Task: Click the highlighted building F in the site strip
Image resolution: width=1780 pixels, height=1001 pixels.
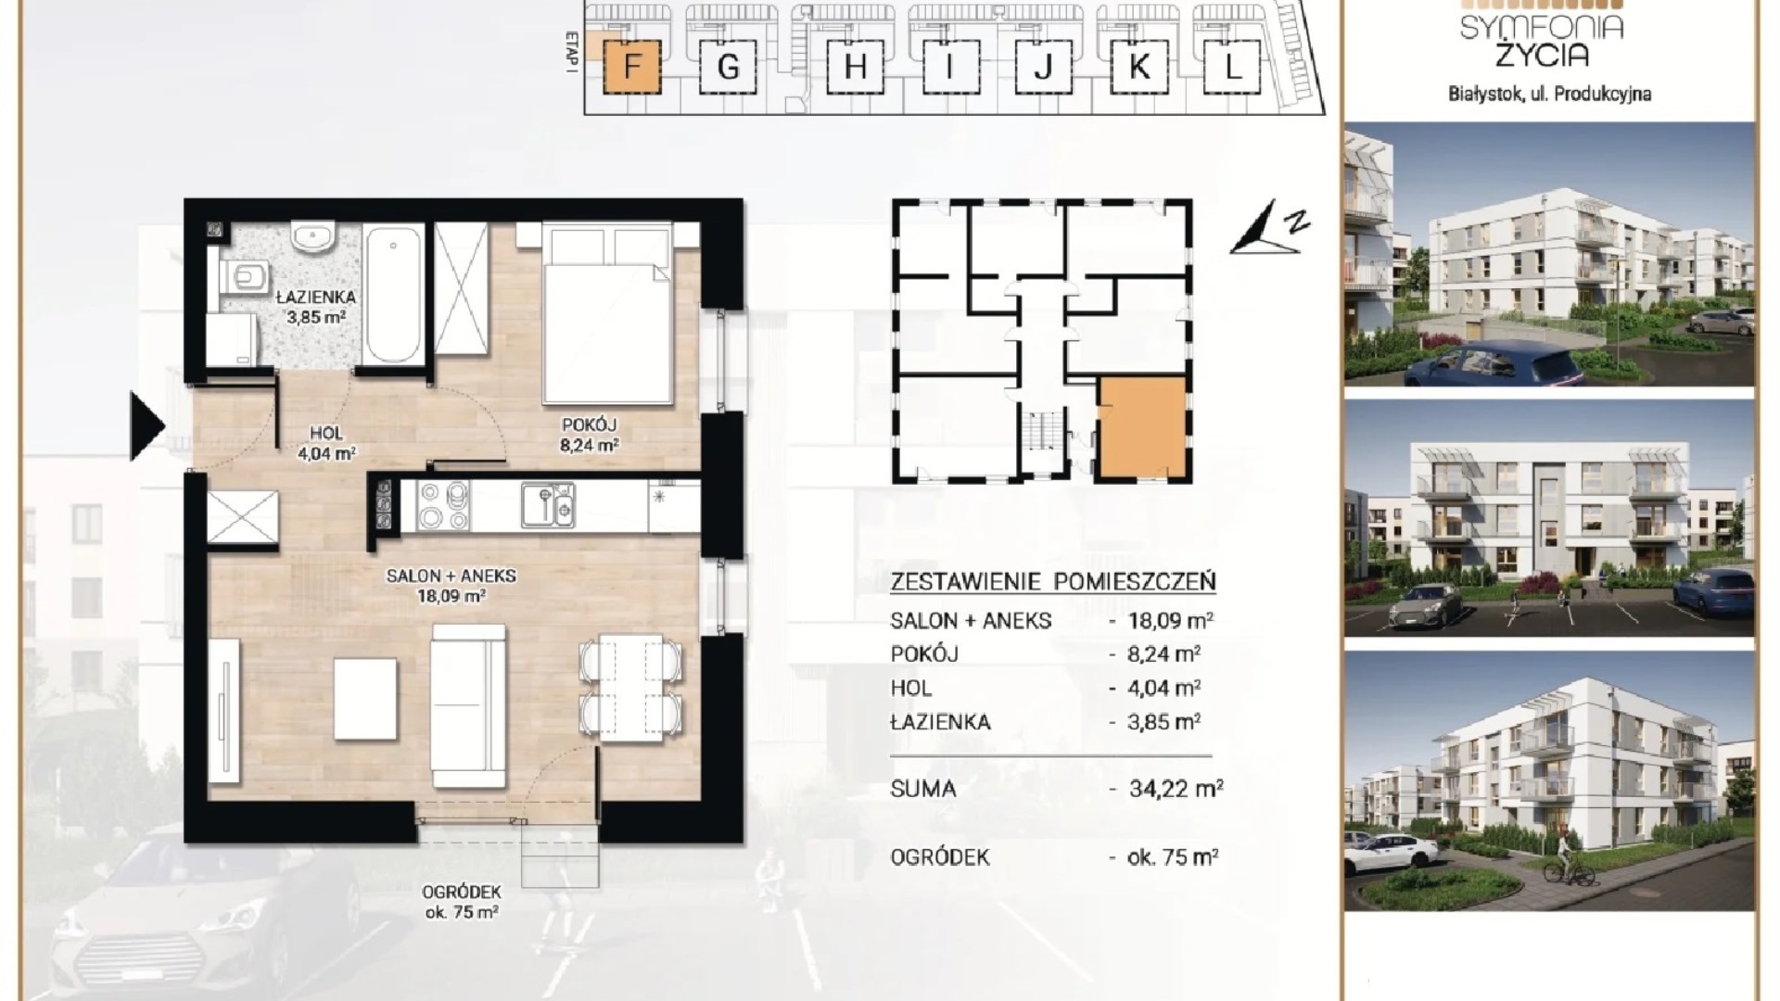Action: pos(632,67)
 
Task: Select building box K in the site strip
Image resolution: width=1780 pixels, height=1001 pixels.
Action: pos(1139,67)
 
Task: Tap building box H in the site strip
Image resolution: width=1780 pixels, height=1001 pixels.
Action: pos(855,67)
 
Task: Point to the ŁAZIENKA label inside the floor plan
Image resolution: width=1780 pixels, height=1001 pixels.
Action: pos(316,298)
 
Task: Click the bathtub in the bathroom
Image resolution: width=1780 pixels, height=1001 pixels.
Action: pos(393,293)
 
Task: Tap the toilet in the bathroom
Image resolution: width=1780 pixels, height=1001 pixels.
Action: pos(243,275)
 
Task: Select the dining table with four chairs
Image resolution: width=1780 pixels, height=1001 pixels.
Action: pos(630,687)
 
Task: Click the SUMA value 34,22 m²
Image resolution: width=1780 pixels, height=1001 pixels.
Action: pos(1176,789)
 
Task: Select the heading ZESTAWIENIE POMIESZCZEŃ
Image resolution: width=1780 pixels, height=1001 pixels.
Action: pos(1053,582)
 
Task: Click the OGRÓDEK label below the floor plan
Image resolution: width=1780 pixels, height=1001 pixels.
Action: pos(461,893)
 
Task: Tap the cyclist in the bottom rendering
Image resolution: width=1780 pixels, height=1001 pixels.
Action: pos(1566,857)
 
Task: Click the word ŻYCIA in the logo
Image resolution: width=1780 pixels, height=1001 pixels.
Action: pos(1542,56)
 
